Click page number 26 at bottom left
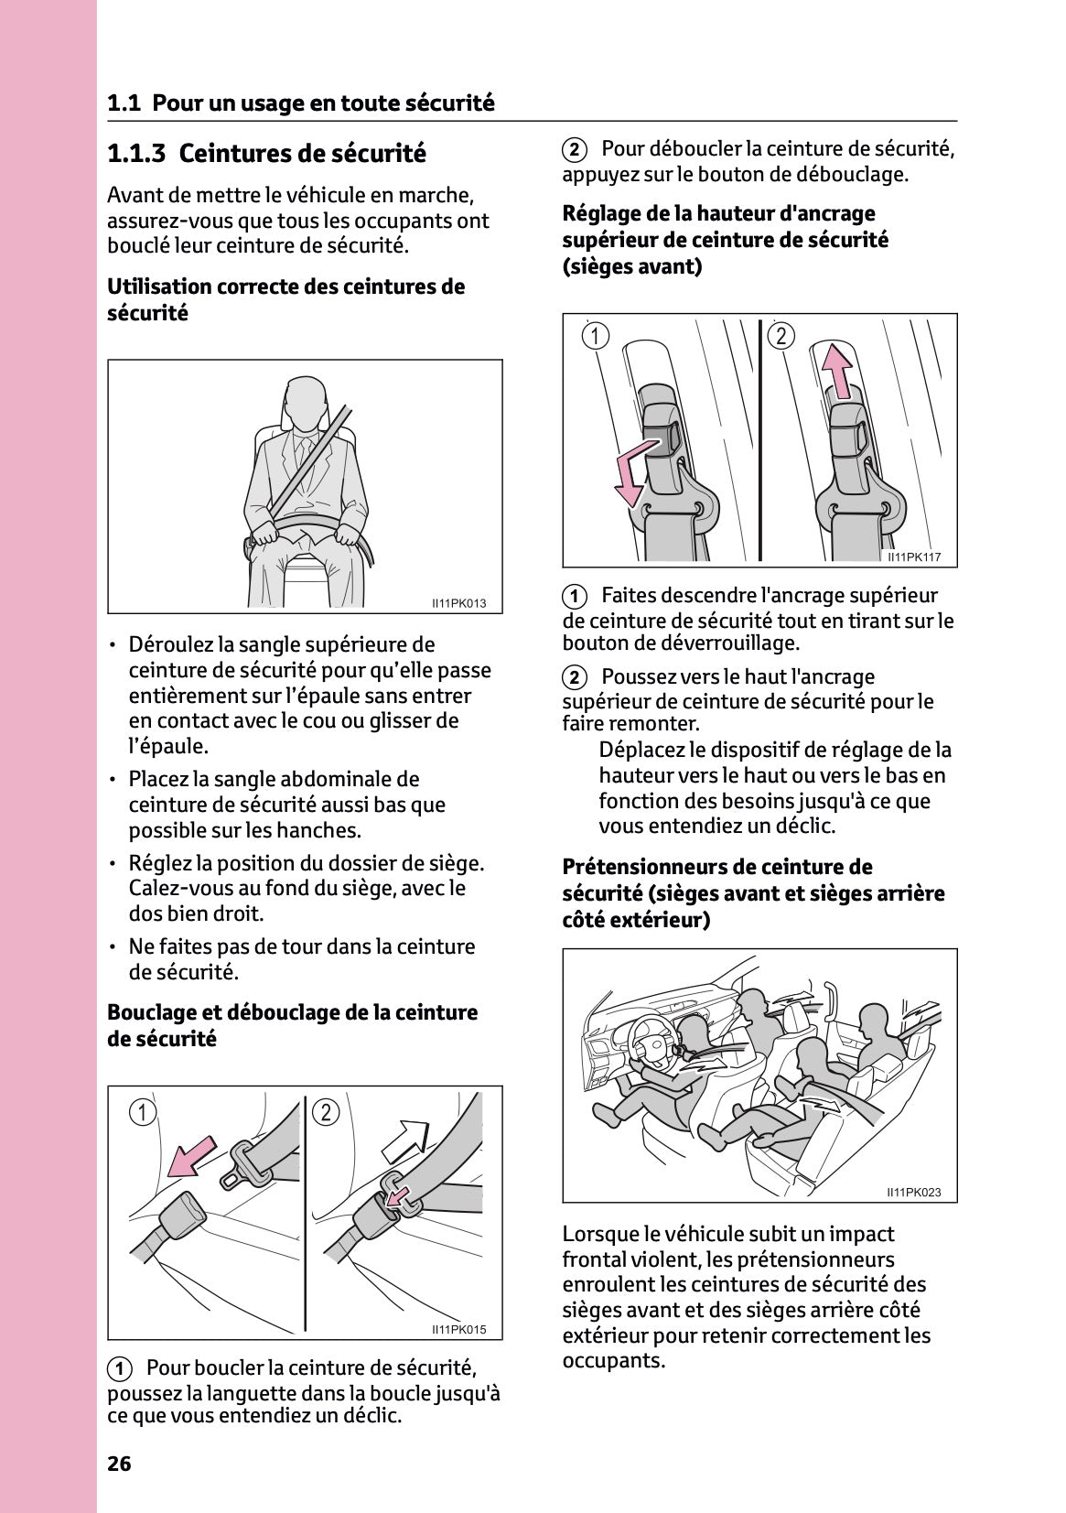(119, 1464)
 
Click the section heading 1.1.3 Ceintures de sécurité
(266, 153)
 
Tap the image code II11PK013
(459, 603)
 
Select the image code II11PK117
(914, 557)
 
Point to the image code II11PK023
(913, 1193)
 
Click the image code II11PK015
(459, 1330)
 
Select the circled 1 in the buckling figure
(142, 1113)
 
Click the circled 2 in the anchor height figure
(781, 336)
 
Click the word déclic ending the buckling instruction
(371, 1416)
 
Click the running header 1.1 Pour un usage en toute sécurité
(301, 103)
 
